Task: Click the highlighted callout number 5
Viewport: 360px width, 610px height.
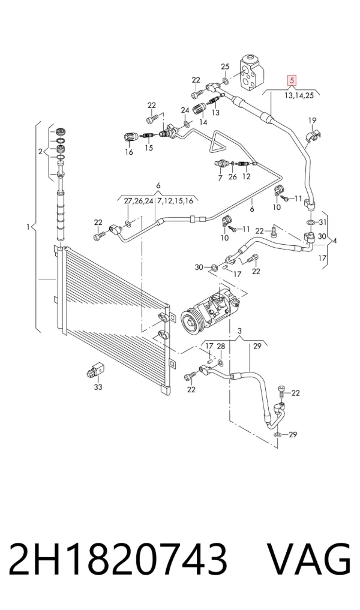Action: coord(292,80)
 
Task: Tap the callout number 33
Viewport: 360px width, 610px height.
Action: coord(98,387)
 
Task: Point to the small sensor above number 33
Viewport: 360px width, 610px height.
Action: coord(95,369)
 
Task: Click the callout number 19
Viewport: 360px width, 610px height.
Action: coord(313,121)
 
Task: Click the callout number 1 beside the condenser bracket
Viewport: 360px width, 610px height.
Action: coord(28,226)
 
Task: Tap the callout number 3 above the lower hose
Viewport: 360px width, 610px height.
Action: coord(240,331)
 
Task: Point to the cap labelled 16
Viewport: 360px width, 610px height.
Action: coord(129,137)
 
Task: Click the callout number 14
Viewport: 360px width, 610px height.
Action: coord(203,122)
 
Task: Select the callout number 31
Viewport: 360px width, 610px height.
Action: coord(322,222)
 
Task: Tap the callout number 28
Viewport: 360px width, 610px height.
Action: coord(221,346)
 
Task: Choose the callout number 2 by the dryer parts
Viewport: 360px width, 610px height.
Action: coord(40,151)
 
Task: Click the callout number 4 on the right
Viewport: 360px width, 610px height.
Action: coord(335,241)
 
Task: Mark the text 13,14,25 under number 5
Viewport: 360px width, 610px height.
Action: coord(299,95)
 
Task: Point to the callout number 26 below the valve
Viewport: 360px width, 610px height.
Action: coord(232,177)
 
